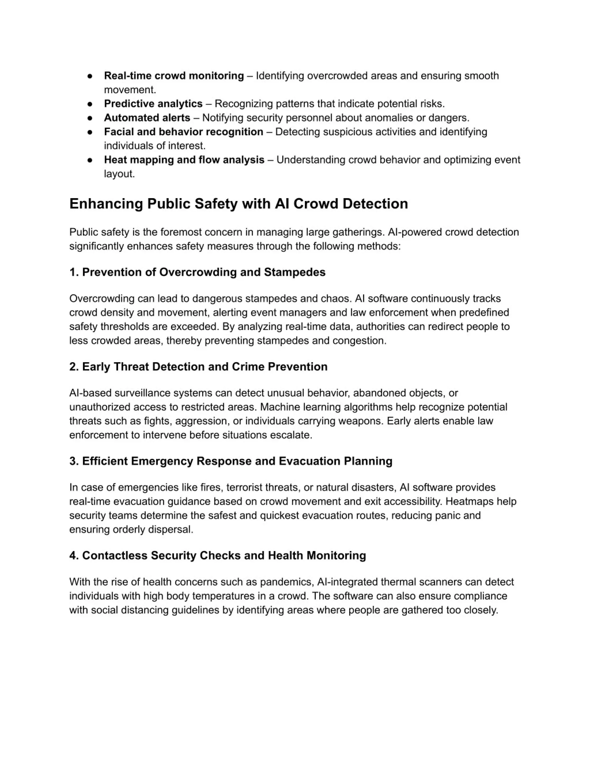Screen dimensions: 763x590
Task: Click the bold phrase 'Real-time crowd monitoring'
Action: pyautogui.click(x=174, y=75)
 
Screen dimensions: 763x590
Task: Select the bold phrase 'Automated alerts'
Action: pyautogui.click(x=147, y=118)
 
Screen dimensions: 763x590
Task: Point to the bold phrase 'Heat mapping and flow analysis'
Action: pyautogui.click(x=184, y=160)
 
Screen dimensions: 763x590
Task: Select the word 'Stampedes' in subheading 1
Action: pyautogui.click(x=295, y=272)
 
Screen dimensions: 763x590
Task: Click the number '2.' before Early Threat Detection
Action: pyautogui.click(x=74, y=367)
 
